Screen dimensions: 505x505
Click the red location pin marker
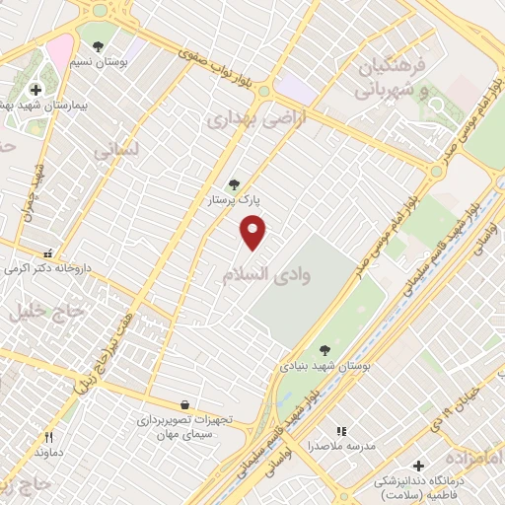coord(253,233)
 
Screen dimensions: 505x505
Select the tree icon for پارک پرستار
coord(234,183)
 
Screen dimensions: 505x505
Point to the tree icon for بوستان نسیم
coord(97,45)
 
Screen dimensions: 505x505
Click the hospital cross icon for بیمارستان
coord(36,90)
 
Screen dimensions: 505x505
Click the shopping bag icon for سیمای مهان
coord(184,404)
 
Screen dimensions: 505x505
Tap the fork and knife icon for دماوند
coord(47,436)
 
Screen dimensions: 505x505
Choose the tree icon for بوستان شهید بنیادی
coord(325,349)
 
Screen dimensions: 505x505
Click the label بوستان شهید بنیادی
coord(326,366)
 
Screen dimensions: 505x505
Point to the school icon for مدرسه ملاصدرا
coord(341,431)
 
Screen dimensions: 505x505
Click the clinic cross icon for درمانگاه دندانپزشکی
coord(417,465)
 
